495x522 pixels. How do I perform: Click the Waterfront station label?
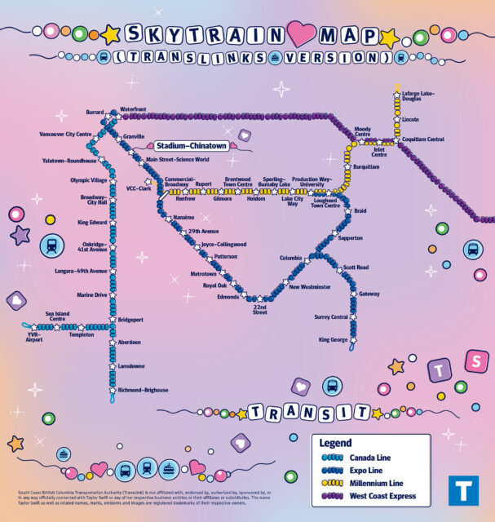point(134,108)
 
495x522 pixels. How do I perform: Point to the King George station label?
point(333,338)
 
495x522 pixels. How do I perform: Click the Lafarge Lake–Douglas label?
point(418,96)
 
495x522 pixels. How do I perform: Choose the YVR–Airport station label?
point(33,338)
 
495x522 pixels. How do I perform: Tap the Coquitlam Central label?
point(425,139)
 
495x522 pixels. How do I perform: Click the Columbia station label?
point(290,258)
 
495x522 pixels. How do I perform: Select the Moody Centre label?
point(362,131)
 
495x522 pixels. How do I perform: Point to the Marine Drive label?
point(91,294)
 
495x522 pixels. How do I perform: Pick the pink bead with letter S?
point(472,360)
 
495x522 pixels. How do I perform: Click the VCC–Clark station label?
point(139,188)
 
